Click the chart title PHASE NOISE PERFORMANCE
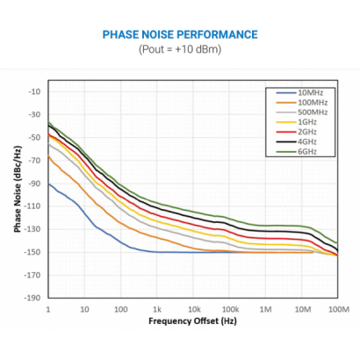click(180, 35)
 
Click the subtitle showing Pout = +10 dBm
click(180, 48)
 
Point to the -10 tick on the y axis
click(35, 91)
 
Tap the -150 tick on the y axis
click(33, 252)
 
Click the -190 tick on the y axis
click(33, 298)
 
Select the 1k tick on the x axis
click(156, 309)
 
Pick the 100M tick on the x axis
click(338, 309)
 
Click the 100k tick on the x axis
click(230, 309)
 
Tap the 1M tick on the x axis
click(266, 309)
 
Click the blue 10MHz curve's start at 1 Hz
click(48, 184)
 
